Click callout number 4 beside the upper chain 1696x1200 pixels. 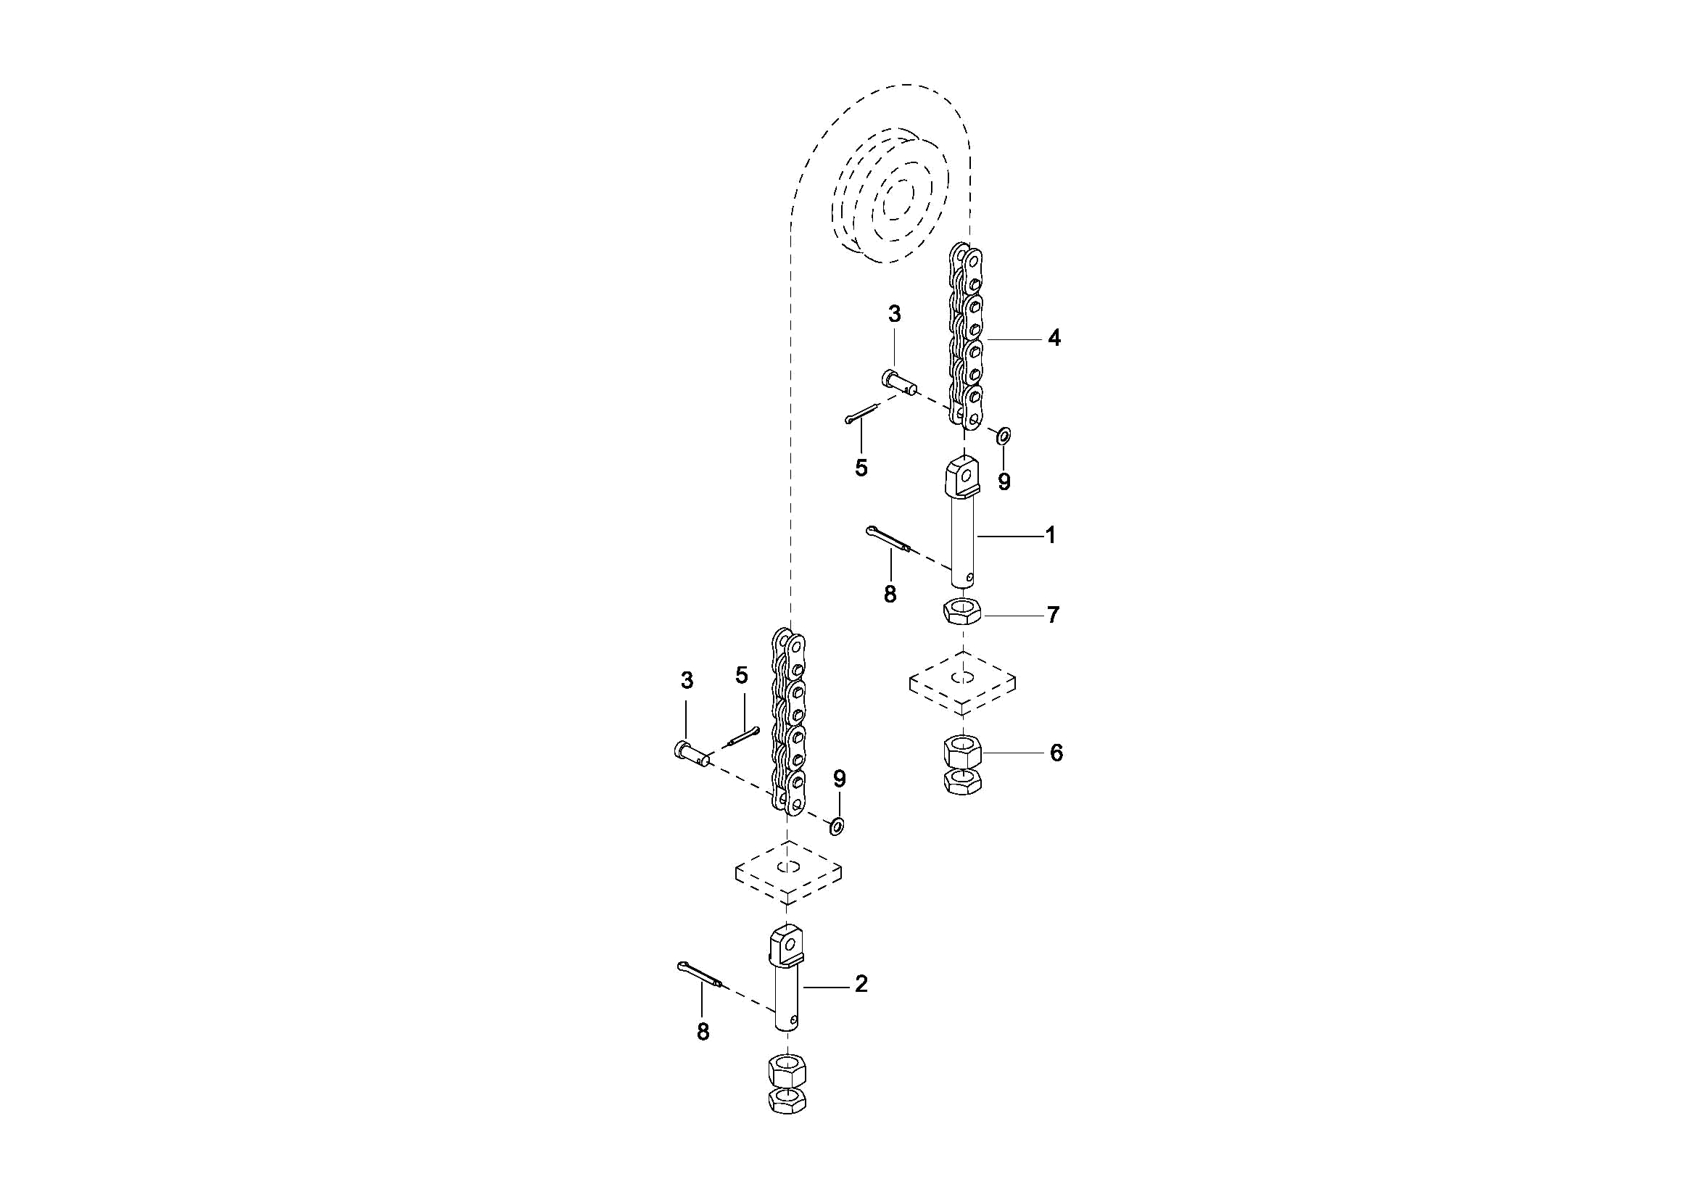point(1054,339)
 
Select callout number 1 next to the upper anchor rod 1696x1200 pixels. point(1051,536)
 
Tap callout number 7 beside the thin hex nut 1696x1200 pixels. point(1053,615)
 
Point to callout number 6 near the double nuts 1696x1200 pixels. point(1056,753)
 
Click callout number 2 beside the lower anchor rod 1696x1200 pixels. point(861,984)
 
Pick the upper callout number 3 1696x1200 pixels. point(894,314)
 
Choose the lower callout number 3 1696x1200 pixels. point(687,681)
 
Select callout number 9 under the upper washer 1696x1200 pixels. point(1004,481)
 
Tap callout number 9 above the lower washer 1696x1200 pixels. point(839,778)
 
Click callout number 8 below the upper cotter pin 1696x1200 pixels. point(890,593)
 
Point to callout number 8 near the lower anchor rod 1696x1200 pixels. point(703,1033)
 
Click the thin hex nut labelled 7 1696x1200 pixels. point(962,613)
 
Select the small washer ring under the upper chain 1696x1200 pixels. point(1003,435)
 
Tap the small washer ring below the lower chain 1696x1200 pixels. point(838,825)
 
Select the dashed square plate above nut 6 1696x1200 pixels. point(962,682)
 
